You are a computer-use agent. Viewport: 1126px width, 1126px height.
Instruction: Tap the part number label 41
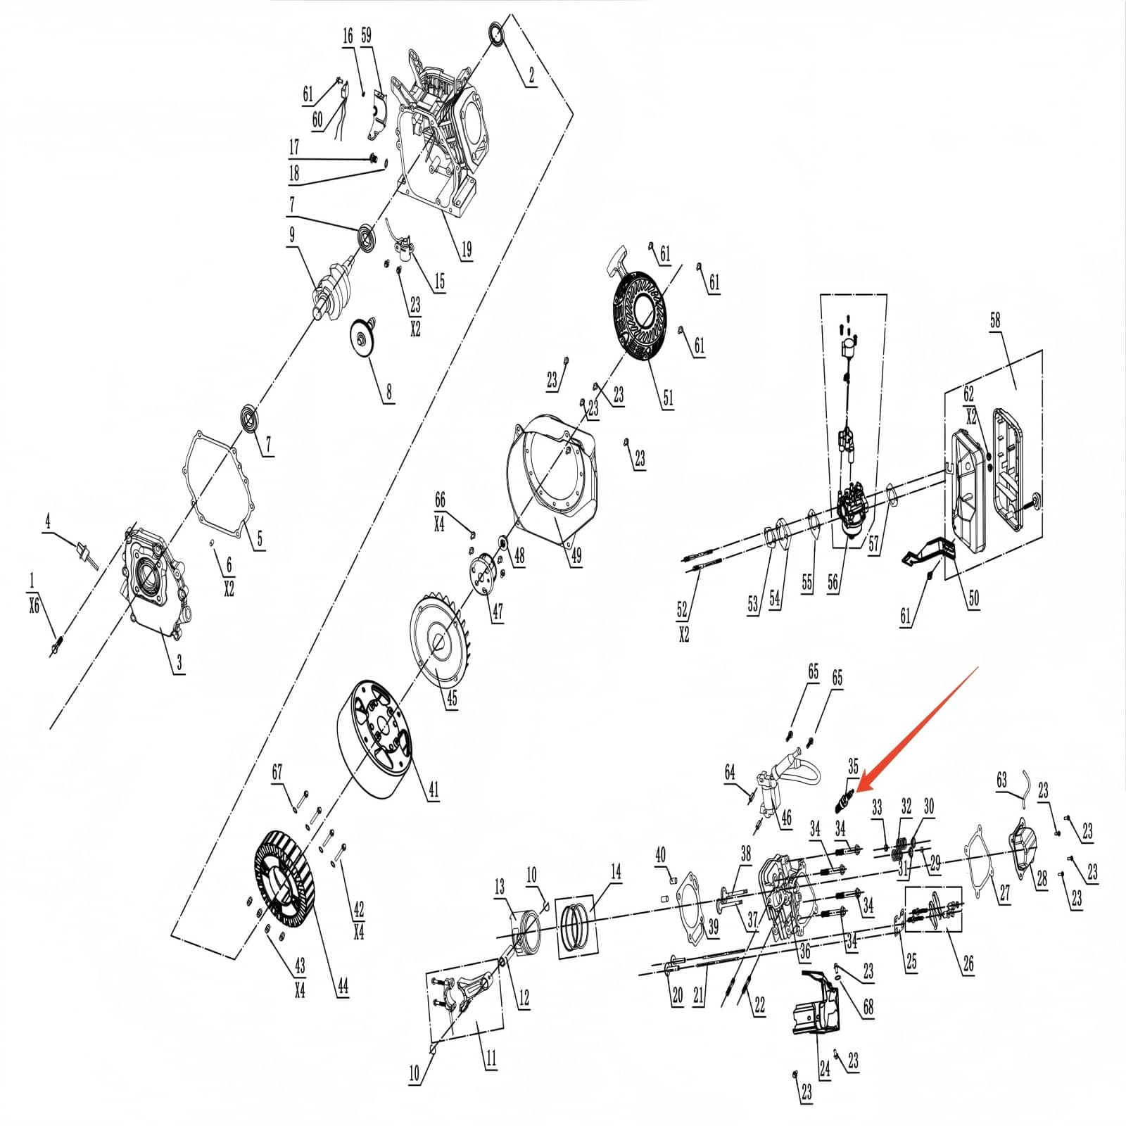click(434, 789)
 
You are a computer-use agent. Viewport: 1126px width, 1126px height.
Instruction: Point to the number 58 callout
click(994, 320)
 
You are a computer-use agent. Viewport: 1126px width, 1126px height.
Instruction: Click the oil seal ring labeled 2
click(498, 35)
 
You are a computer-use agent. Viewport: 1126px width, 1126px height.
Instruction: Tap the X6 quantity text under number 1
click(34, 605)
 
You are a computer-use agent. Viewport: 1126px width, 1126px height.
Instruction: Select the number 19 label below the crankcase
click(466, 249)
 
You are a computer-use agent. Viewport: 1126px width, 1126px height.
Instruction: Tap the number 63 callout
click(1001, 780)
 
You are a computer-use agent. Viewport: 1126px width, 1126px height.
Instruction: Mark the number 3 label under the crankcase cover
click(179, 662)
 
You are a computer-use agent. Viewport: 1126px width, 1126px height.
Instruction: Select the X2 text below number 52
click(683, 635)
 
